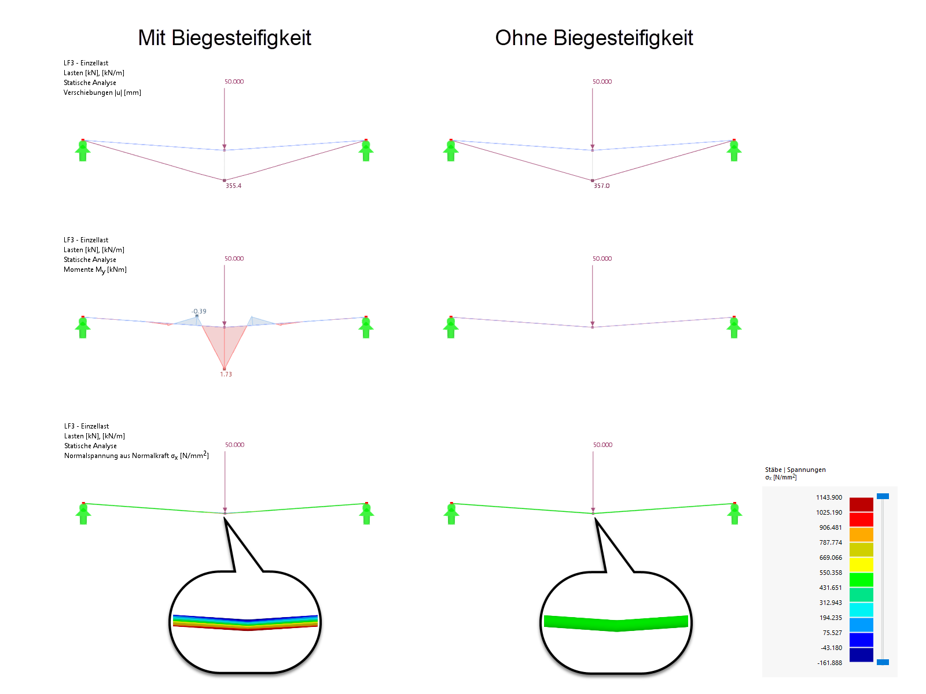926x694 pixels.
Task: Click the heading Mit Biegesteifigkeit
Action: [x=225, y=38]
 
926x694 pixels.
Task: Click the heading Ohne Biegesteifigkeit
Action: [x=594, y=38]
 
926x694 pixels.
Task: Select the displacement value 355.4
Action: [x=233, y=186]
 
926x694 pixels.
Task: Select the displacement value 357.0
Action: [x=601, y=186]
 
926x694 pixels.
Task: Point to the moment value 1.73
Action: [x=226, y=374]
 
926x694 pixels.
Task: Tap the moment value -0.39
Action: [x=199, y=311]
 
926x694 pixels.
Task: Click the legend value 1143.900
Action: [x=829, y=497]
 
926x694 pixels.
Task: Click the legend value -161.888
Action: [x=829, y=663]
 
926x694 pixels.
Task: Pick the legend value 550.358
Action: [x=831, y=573]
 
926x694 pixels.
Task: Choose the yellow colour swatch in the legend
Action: [x=861, y=564]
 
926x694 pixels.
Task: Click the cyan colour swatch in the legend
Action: [x=861, y=610]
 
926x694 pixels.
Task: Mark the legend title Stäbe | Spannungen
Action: [x=795, y=470]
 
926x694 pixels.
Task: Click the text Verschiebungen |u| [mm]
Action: [x=102, y=93]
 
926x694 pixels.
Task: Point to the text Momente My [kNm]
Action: [x=95, y=270]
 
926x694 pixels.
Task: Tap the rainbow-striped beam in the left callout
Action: [x=245, y=622]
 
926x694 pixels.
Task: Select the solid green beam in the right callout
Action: [x=616, y=623]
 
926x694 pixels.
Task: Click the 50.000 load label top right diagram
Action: [x=602, y=82]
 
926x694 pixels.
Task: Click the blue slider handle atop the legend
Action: [x=883, y=496]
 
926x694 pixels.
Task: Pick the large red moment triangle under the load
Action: [x=225, y=344]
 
